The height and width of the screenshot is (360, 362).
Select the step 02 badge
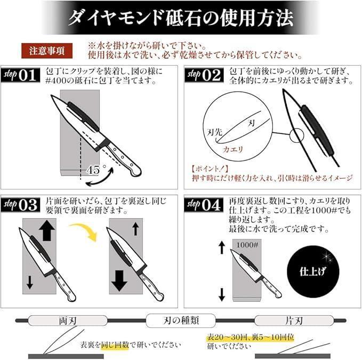[204, 75]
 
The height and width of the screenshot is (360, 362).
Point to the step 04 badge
[204, 204]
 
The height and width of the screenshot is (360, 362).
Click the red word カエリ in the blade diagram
[233, 150]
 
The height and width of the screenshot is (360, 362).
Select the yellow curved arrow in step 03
[84, 230]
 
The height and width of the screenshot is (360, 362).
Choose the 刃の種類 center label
[180, 321]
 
